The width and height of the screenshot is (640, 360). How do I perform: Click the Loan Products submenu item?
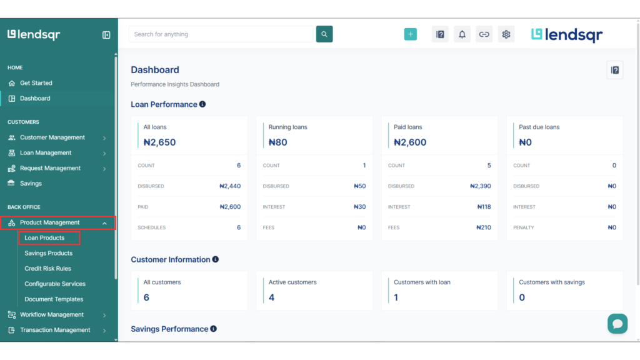pyautogui.click(x=44, y=238)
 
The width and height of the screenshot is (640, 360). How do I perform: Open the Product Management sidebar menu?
pyautogui.click(x=50, y=222)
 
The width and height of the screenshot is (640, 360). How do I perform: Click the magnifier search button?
pyautogui.click(x=324, y=34)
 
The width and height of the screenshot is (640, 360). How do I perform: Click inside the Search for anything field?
pyautogui.click(x=220, y=34)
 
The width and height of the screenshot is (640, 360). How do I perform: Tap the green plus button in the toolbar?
pyautogui.click(x=410, y=34)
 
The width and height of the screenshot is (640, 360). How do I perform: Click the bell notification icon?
pyautogui.click(x=462, y=34)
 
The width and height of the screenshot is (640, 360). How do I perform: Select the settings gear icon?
pyautogui.click(x=506, y=34)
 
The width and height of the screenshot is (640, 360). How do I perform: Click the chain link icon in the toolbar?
pyautogui.click(x=484, y=34)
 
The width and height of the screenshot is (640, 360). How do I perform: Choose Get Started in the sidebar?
pyautogui.click(x=36, y=83)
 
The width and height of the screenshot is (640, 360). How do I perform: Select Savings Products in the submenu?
pyautogui.click(x=48, y=253)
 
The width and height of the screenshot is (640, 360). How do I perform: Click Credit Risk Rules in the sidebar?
pyautogui.click(x=47, y=269)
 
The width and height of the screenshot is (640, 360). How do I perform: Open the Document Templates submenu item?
pyautogui.click(x=54, y=299)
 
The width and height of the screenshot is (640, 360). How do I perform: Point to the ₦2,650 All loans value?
pyautogui.click(x=159, y=142)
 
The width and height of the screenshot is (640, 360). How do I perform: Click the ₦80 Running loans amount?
pyautogui.click(x=277, y=142)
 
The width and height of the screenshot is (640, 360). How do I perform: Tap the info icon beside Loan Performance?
pyautogui.click(x=202, y=104)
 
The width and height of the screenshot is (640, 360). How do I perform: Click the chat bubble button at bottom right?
pyautogui.click(x=617, y=323)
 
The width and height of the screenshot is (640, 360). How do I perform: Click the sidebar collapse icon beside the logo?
pyautogui.click(x=106, y=35)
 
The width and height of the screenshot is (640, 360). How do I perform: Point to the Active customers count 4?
pyautogui.click(x=272, y=297)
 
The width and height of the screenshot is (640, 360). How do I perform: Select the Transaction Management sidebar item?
pyautogui.click(x=55, y=330)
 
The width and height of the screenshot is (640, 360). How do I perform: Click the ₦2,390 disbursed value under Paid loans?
pyautogui.click(x=480, y=186)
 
